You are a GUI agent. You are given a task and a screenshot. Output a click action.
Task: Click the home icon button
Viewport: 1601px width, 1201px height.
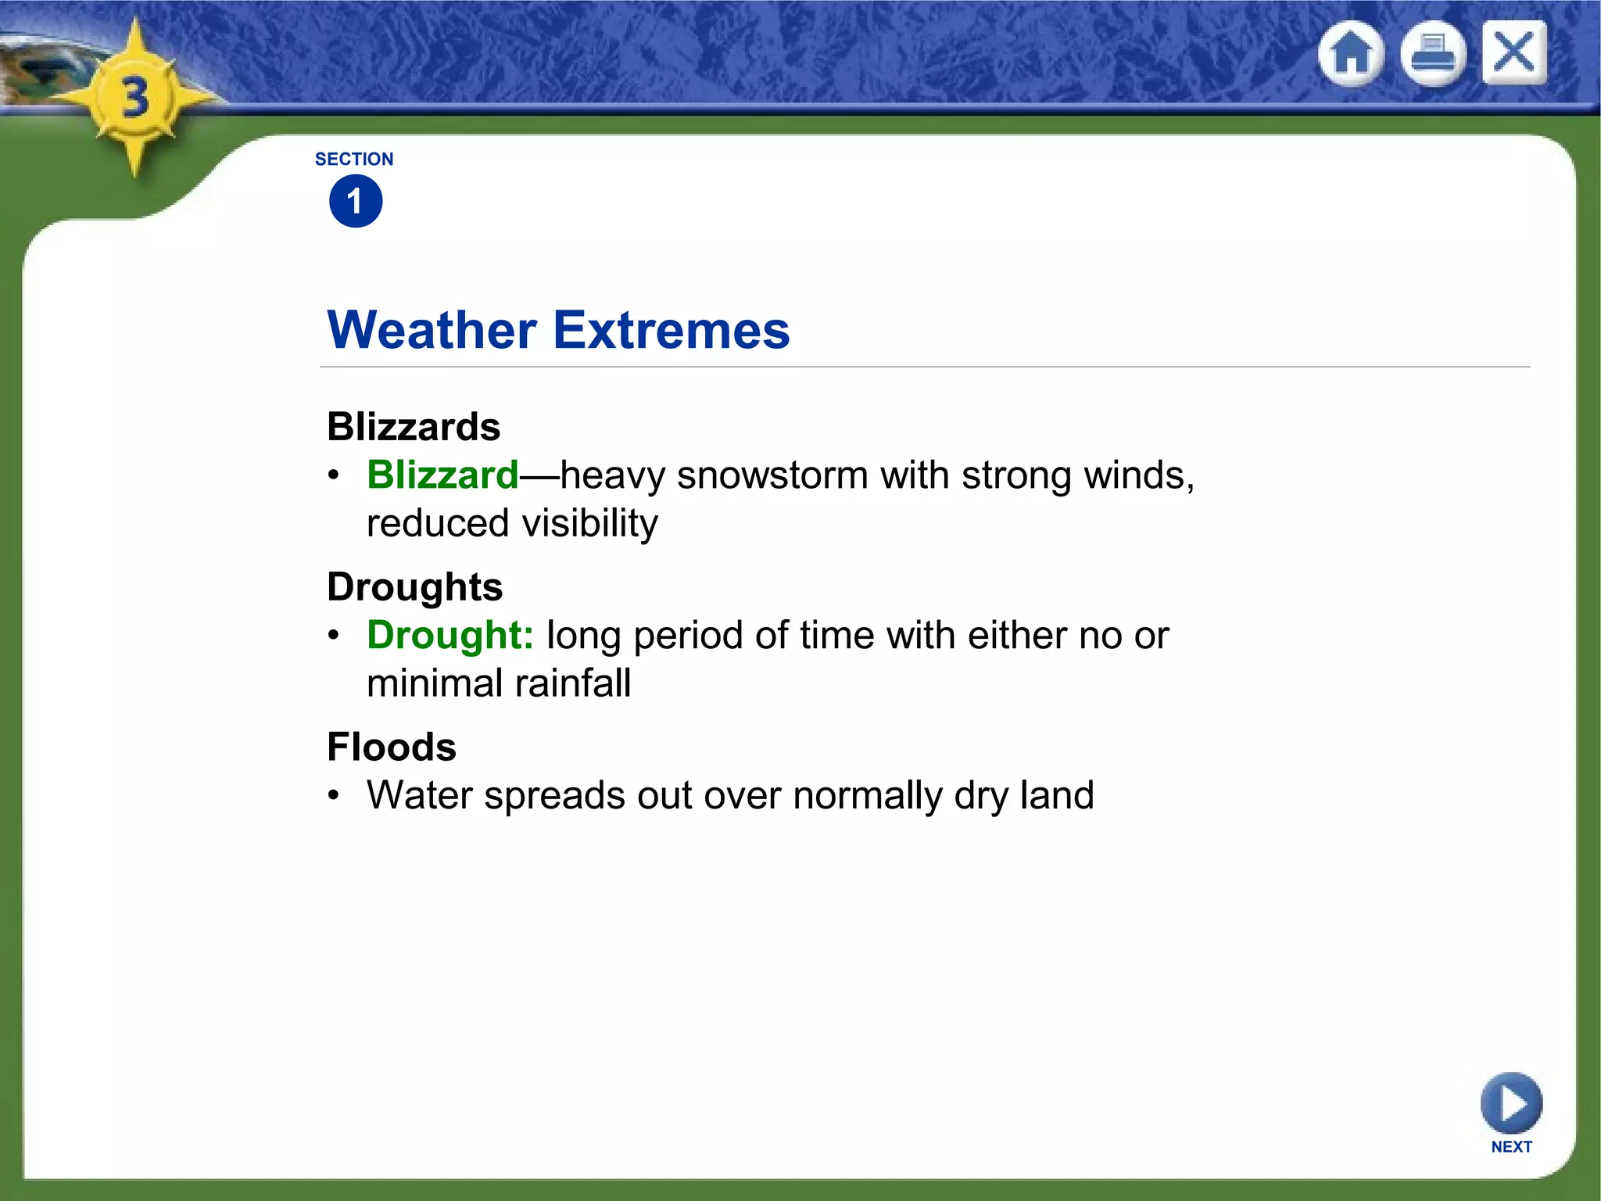(1351, 54)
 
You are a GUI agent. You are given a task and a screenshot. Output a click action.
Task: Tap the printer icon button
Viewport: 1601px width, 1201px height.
(1433, 54)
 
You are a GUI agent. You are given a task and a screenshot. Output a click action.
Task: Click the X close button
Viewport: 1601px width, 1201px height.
(1514, 53)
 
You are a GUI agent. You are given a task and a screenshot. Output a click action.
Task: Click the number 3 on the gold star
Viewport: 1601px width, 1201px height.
(136, 99)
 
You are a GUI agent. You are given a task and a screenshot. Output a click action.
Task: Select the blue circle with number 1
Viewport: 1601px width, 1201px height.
(356, 202)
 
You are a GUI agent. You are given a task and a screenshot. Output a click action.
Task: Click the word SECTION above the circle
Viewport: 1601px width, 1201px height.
(354, 160)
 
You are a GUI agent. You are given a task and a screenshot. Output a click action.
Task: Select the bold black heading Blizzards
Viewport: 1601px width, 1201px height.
(414, 427)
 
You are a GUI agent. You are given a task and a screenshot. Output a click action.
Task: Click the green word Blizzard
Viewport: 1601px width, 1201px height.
(442, 475)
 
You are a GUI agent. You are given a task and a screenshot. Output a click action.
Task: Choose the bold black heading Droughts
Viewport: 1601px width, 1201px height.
(414, 587)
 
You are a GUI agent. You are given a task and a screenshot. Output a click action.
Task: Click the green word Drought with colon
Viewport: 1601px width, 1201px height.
(450, 635)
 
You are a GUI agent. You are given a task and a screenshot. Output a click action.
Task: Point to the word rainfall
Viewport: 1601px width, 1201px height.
(572, 683)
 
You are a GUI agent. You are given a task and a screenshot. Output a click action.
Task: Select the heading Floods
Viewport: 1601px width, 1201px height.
(392, 747)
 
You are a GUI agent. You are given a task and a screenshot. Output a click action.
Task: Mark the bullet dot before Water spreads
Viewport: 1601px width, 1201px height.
(334, 796)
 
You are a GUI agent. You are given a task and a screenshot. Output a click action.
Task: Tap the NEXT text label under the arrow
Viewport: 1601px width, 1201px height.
(1511, 1146)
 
